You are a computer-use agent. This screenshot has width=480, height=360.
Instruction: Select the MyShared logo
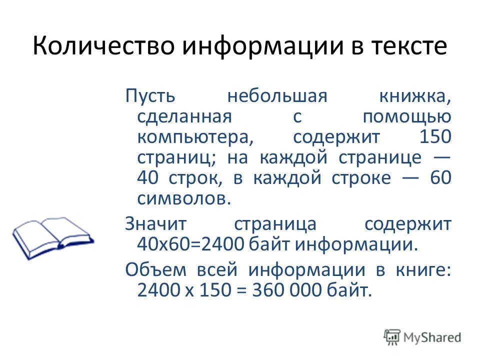point(422,337)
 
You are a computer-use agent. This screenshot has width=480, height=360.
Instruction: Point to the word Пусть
point(150,96)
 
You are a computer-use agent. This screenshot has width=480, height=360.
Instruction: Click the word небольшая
point(277,95)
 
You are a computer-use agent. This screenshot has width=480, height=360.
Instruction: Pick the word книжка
point(415,96)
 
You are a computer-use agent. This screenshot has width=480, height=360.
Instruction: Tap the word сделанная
point(184,117)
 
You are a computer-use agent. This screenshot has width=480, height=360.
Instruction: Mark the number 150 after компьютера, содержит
point(435,136)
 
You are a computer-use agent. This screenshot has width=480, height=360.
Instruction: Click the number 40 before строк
point(147,177)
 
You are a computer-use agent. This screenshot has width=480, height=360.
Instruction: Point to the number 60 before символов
point(440,177)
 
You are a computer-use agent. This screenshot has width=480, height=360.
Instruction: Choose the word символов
point(183,198)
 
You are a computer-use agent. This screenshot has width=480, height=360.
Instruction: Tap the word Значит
point(155,224)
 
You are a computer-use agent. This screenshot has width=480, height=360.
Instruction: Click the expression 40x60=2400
point(190,244)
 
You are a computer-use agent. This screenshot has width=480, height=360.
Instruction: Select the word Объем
point(156,269)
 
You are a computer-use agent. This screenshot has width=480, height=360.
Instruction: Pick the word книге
point(423,270)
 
